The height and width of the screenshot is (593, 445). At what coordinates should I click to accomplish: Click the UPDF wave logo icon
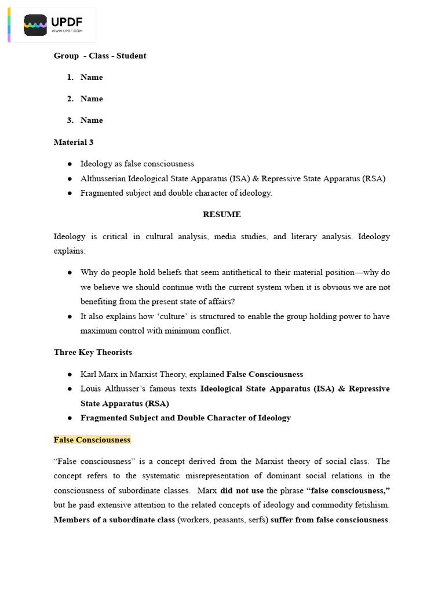35,25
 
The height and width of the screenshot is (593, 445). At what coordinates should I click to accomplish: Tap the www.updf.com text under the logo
67,31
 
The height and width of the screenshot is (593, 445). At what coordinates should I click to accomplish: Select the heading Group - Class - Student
100,56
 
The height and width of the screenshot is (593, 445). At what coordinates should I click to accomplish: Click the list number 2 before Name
70,98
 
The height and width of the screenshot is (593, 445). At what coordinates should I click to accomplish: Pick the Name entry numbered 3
92,120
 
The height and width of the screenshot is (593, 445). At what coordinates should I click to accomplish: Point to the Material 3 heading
74,142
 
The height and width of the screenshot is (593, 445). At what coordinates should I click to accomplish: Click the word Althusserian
103,178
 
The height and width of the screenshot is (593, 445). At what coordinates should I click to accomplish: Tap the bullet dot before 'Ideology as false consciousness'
70,164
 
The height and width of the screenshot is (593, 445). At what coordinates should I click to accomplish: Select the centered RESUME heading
221,214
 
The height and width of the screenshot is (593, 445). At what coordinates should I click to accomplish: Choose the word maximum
96,331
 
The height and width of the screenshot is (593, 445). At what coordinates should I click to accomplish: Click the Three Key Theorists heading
93,352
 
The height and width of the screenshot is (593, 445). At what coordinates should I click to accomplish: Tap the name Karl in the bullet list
89,374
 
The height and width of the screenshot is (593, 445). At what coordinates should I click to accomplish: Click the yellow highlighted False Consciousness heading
92,440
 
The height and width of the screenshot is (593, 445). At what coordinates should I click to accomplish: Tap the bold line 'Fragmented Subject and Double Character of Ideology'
185,418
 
